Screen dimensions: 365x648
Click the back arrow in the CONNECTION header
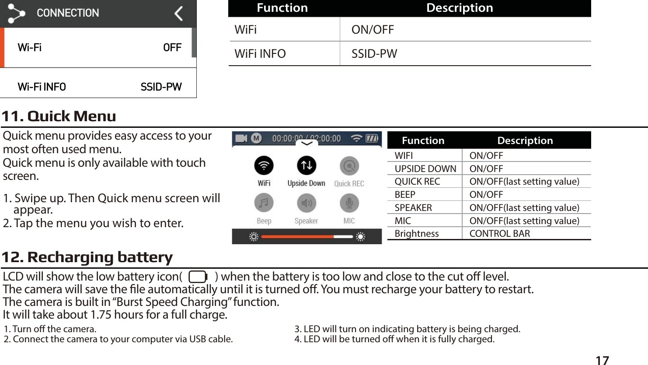click(178, 14)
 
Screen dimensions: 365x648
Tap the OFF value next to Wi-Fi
click(172, 48)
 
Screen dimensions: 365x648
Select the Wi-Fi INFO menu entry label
click(42, 87)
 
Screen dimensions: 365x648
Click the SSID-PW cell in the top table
click(374, 54)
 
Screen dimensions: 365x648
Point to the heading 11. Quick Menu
click(59, 116)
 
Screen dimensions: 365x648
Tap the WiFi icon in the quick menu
click(264, 166)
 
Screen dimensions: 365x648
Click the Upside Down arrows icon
click(306, 165)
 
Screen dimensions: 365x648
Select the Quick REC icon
click(349, 166)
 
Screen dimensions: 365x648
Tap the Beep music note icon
click(264, 203)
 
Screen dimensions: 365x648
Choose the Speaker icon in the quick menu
click(306, 203)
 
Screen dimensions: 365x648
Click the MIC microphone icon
click(349, 203)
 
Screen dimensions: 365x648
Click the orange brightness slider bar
click(297, 237)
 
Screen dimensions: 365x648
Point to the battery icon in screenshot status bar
click(372, 139)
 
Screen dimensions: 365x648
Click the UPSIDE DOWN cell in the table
click(425, 169)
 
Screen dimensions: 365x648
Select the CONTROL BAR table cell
click(499, 234)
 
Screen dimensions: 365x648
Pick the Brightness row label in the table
click(416, 234)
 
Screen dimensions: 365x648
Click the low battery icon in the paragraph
click(198, 277)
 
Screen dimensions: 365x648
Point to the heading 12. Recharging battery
click(87, 257)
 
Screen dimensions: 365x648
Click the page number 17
click(602, 360)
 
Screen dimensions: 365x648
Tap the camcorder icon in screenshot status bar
click(241, 139)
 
